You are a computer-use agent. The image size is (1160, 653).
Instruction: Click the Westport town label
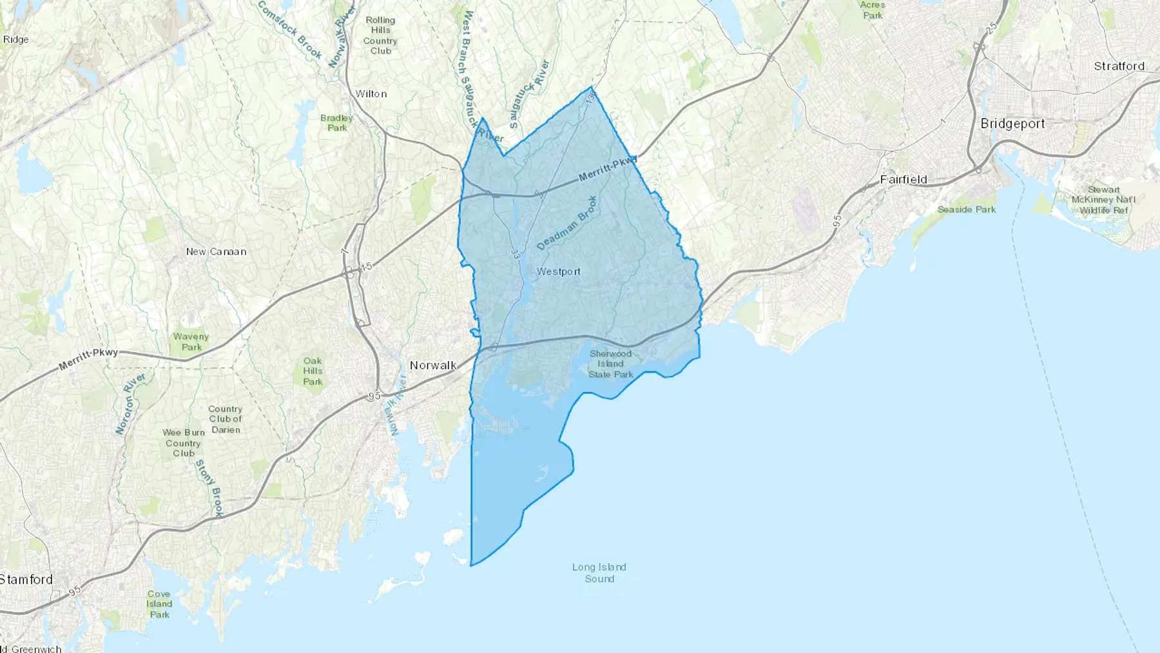tap(558, 271)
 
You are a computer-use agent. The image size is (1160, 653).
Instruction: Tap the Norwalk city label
tap(433, 365)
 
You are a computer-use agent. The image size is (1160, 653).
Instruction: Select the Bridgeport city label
tap(1012, 123)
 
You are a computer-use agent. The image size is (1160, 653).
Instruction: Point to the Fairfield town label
tap(904, 179)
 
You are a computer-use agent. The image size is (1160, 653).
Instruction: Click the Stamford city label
tap(26, 580)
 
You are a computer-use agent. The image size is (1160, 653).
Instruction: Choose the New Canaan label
tap(216, 251)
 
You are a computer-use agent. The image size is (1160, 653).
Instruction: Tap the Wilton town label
tap(371, 93)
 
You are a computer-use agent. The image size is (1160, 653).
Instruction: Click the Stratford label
tap(1119, 66)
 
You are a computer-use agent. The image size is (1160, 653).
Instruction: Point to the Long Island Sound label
tap(599, 572)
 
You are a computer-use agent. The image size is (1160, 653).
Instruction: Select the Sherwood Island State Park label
tap(610, 364)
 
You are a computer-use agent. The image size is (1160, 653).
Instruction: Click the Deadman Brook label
tap(567, 223)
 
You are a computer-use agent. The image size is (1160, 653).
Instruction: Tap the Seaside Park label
tap(966, 210)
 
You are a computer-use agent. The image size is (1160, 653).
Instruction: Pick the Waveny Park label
tap(191, 342)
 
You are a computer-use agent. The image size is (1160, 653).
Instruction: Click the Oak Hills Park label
tap(313, 371)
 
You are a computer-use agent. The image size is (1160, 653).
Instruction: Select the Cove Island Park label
tap(159, 604)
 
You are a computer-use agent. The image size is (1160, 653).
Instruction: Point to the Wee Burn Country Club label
tap(183, 443)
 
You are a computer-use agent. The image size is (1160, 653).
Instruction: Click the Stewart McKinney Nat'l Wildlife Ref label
tap(1103, 200)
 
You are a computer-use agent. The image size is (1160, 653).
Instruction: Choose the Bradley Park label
tap(336, 122)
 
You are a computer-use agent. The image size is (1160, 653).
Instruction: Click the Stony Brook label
tap(209, 488)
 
